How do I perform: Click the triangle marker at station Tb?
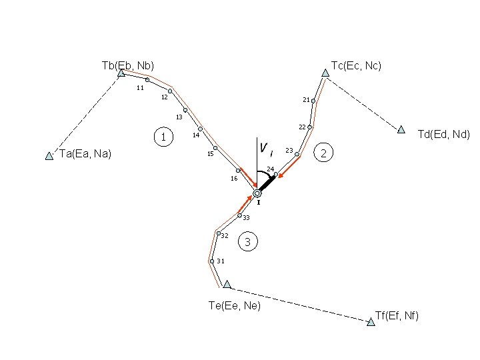pos(121,73)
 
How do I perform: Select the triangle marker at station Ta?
pos(49,156)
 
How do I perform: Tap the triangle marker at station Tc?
pos(325,73)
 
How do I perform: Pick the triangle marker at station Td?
pos(401,129)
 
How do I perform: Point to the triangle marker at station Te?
pos(227,284)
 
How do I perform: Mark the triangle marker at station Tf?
pos(371,322)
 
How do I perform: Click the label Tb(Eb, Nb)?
pos(128,65)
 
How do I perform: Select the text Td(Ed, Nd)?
pos(443,134)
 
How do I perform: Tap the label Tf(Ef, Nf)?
pos(397,315)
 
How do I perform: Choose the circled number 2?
pos(323,153)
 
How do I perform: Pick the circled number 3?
pos(247,242)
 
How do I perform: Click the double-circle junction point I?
pos(257,193)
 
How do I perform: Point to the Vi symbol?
pos(265,147)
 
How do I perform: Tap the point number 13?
pos(179,117)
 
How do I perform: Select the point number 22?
pos(302,127)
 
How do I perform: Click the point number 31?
pos(220,261)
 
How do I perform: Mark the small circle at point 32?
pos(218,233)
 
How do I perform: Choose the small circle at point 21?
pos(313,101)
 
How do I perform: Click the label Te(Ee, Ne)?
pos(235,305)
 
